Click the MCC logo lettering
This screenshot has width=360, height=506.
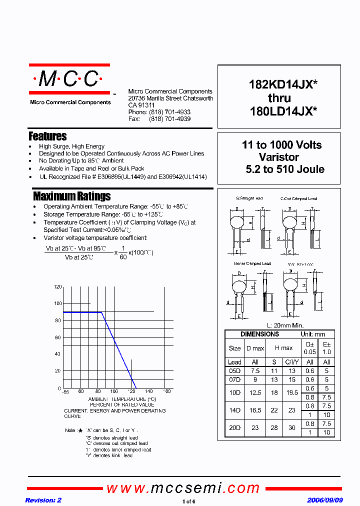68,79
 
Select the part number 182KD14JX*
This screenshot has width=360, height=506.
283,85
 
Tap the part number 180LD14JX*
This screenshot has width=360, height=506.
283,112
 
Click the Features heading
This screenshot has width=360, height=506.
47,136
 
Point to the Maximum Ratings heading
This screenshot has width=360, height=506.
71,196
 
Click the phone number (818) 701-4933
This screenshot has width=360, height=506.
169,112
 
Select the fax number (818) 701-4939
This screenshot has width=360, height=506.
169,119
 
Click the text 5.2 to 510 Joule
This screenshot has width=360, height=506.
285,169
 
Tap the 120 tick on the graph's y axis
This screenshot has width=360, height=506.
57,287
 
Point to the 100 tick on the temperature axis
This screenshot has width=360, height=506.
114,391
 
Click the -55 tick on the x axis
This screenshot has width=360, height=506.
65,391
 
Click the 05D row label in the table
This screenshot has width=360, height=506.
234,371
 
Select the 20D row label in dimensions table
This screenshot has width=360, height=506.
234,428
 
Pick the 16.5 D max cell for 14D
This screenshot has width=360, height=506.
255,410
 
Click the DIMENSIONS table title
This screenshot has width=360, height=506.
259,334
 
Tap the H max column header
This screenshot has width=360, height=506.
283,348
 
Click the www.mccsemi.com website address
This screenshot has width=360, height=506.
183,488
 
